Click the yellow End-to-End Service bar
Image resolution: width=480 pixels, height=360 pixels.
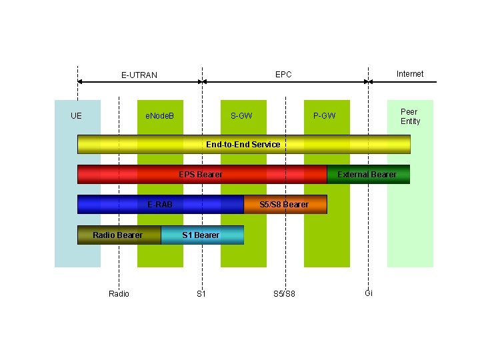(x=243, y=144)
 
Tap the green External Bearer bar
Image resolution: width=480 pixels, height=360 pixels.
(x=368, y=174)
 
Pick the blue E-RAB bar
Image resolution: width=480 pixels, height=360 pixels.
(x=160, y=204)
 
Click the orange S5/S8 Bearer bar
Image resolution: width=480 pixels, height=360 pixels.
(x=285, y=204)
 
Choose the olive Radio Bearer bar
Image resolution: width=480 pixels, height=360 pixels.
(x=119, y=235)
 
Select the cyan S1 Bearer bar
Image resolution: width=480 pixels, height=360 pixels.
(x=202, y=235)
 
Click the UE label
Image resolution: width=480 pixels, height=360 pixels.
(x=77, y=116)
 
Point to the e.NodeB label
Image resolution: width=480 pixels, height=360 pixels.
(x=160, y=116)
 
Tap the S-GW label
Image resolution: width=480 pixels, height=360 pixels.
(x=241, y=116)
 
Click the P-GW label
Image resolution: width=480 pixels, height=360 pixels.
(x=325, y=116)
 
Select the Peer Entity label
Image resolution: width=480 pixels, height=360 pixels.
(x=410, y=116)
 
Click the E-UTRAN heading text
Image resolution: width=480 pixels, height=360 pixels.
(x=139, y=75)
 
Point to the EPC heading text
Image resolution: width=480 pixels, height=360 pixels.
(x=283, y=74)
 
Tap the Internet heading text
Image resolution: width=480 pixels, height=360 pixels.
(x=409, y=73)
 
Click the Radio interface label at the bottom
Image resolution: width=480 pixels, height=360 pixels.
(x=119, y=294)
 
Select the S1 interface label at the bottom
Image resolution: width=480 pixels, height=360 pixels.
(x=201, y=294)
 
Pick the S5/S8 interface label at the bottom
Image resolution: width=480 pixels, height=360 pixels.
(x=284, y=294)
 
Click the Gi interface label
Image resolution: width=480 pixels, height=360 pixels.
(x=369, y=293)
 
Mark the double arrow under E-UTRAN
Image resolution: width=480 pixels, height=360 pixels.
(x=139, y=82)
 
